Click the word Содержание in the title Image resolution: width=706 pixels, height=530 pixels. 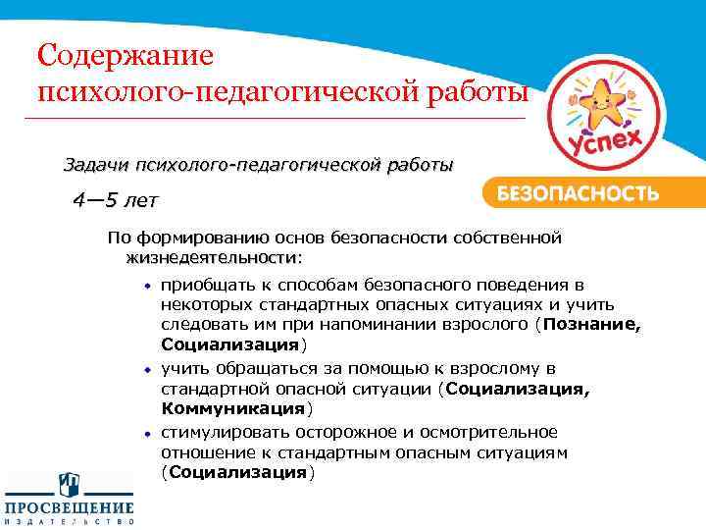coord(125,54)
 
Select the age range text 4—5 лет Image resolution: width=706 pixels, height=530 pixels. coord(114,201)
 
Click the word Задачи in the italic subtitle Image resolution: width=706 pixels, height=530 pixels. coord(97,164)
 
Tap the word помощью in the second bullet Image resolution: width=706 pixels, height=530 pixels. coord(355,369)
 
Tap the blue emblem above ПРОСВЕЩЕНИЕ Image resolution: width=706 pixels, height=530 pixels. coord(69,482)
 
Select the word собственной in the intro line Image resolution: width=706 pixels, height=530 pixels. coord(513,238)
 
